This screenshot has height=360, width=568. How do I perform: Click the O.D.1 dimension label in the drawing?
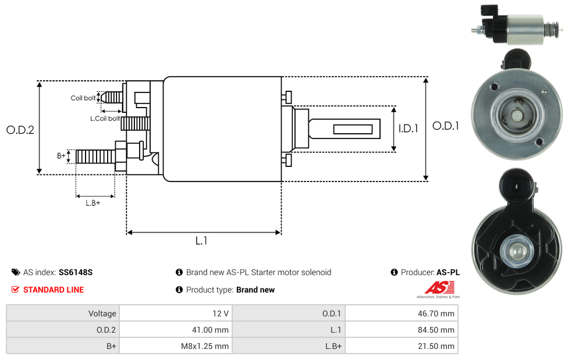[446, 126]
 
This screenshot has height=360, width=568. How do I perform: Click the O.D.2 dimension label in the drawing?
[20, 130]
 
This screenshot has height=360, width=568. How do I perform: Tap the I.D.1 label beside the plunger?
[409, 129]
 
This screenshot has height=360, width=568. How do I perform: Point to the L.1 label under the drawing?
[201, 240]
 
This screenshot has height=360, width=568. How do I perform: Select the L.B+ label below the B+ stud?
[93, 203]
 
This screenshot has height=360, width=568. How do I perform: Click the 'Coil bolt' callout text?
[83, 98]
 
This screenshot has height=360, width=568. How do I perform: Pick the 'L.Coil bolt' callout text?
[105, 119]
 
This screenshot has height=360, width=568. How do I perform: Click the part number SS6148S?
[76, 272]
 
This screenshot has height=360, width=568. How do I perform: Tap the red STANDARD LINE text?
[54, 290]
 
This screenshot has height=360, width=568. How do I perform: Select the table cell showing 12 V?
[176, 313]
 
